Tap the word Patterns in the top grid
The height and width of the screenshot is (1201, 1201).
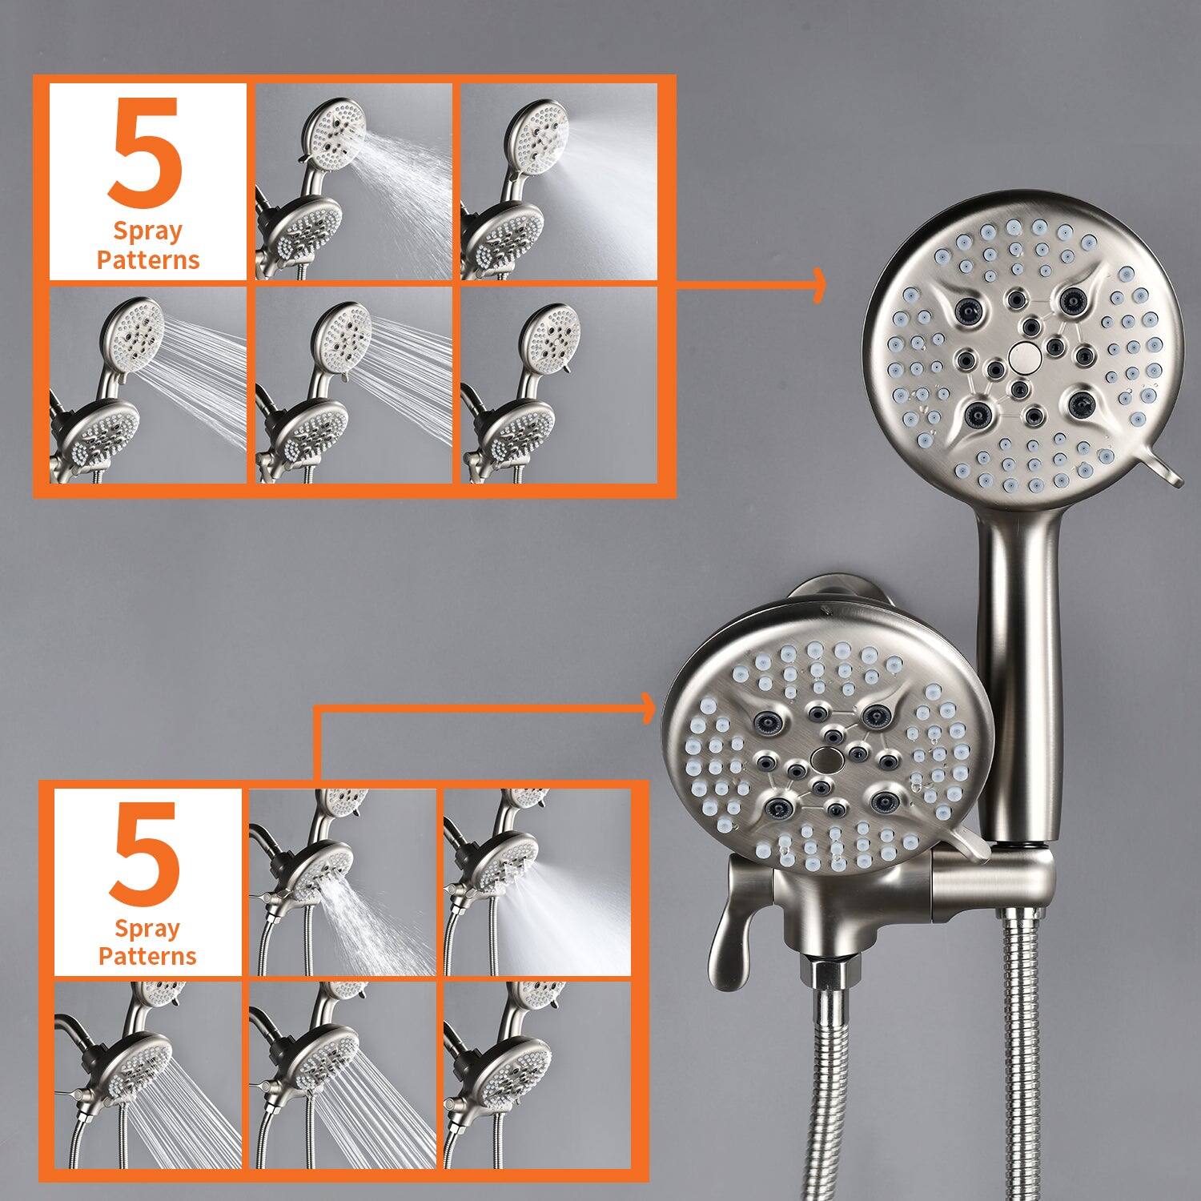[x=148, y=260]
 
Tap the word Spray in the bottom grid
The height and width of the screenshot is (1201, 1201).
[x=147, y=929]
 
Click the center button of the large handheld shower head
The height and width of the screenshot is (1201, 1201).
[x=1022, y=355]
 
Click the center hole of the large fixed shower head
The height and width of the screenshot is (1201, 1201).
[x=822, y=756]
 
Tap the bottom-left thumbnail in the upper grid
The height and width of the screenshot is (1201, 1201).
[x=148, y=385]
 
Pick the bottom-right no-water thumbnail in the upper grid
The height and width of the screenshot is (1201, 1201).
[x=559, y=385]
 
